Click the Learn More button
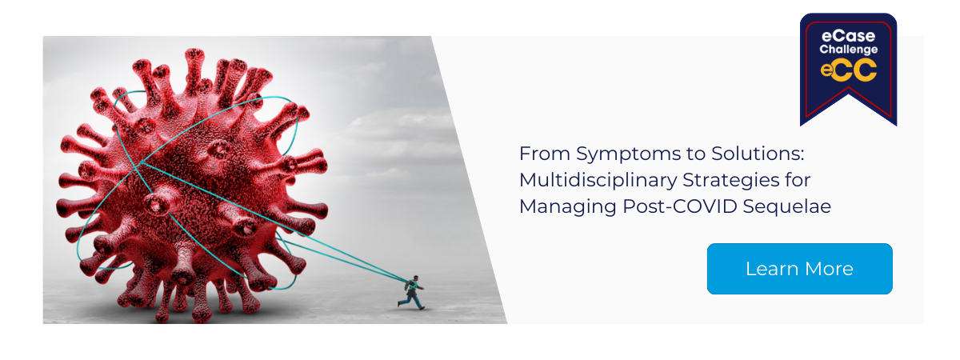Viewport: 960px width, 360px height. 800,269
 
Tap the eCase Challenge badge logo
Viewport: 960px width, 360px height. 848,69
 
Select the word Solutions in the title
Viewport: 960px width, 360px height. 758,154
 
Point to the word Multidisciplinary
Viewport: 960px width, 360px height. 598,181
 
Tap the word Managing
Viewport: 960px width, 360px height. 567,206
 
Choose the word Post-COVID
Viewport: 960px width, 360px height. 679,206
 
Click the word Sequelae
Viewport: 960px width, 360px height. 787,206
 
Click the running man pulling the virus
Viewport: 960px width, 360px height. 412,292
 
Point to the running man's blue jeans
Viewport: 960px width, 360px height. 412,302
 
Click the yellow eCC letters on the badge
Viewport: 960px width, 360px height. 849,70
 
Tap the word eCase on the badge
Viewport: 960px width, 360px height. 848,35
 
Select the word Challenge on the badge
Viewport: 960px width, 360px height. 849,50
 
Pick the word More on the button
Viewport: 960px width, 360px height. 829,269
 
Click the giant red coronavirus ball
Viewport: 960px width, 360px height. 193,184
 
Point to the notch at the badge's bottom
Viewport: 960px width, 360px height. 849,88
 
